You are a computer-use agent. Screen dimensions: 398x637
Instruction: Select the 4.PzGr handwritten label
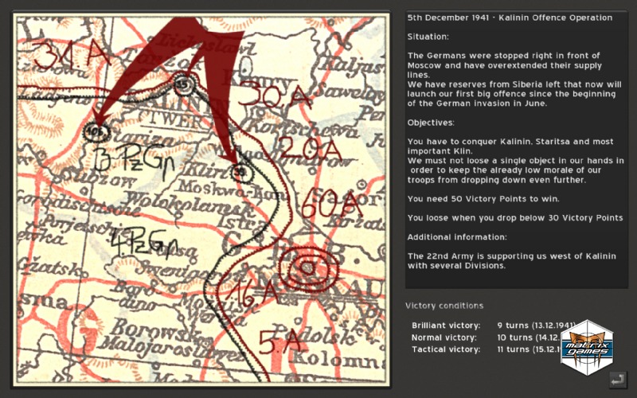click(143, 242)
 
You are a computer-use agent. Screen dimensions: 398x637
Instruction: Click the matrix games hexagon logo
click(586, 347)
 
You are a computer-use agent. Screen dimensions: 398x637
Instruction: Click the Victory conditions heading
click(444, 306)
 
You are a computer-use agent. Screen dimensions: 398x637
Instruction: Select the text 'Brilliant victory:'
click(446, 326)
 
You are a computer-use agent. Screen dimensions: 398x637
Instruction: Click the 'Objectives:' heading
click(430, 123)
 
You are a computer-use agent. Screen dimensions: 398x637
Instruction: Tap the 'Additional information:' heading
click(452, 237)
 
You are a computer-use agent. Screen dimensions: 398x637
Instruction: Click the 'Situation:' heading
click(428, 37)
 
